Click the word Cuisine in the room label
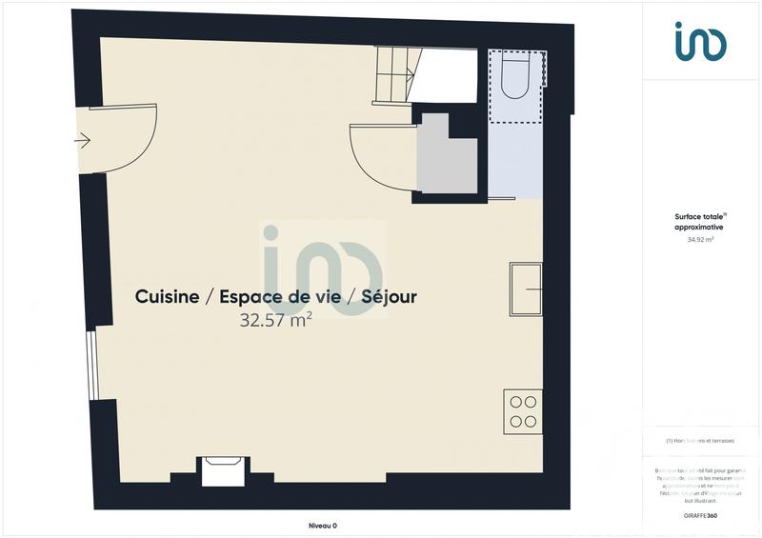tap(167, 297)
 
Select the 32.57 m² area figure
tap(276, 321)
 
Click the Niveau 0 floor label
tap(323, 525)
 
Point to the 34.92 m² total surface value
tap(700, 240)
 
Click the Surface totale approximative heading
tap(700, 223)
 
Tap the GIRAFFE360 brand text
tap(700, 515)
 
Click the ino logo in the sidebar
tap(700, 42)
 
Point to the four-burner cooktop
tap(523, 411)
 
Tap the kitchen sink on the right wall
tap(525, 289)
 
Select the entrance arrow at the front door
tap(82, 141)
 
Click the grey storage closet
tap(446, 158)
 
